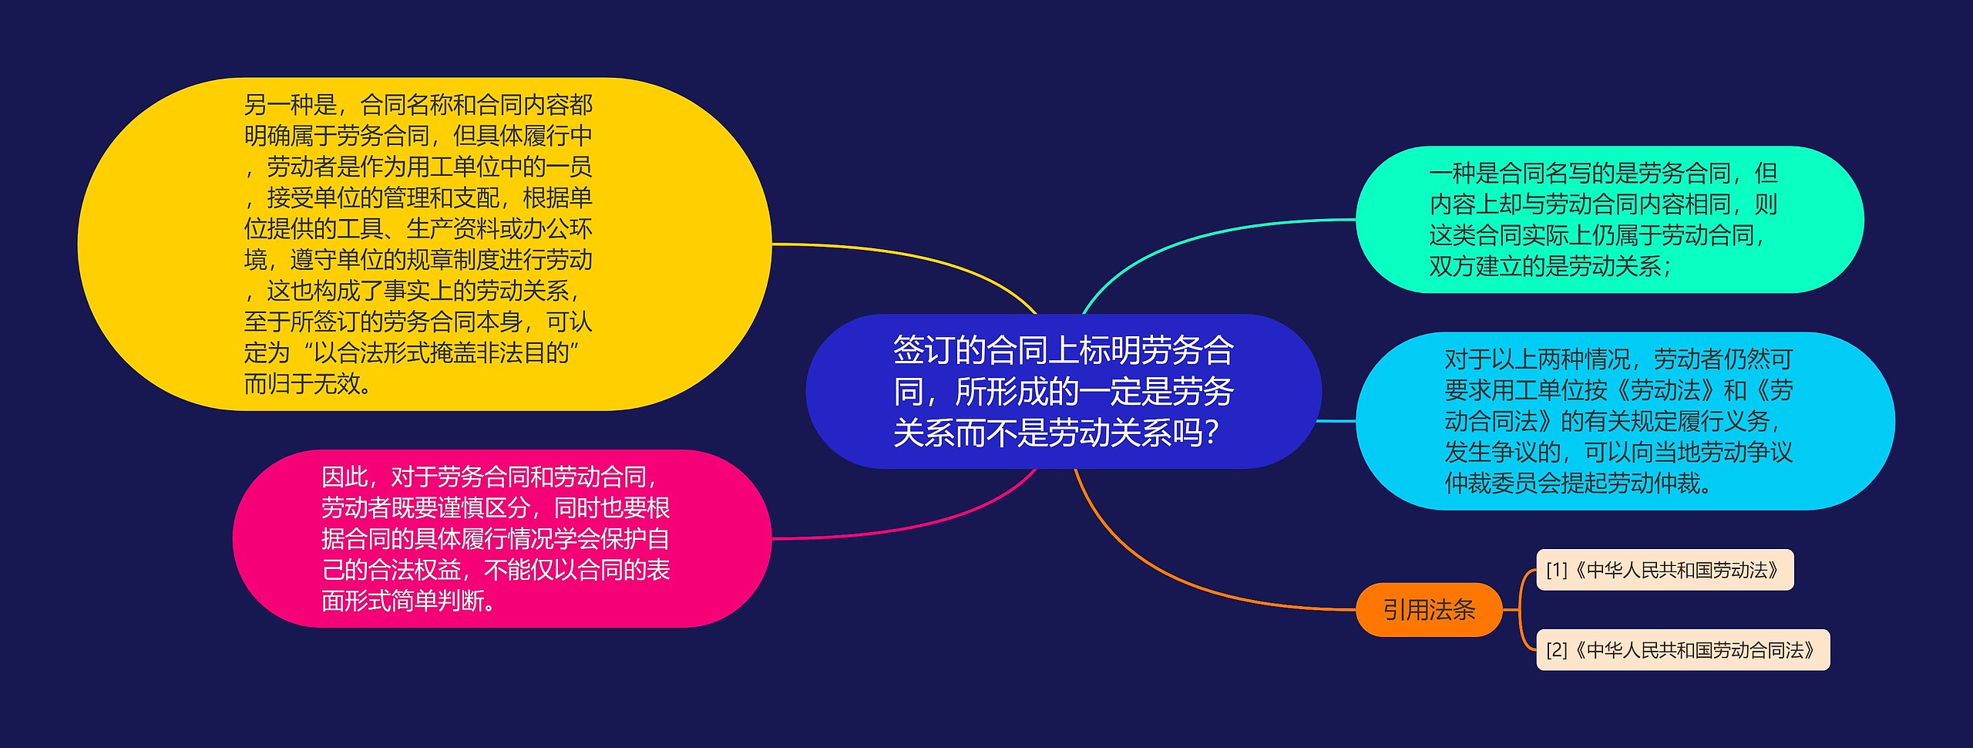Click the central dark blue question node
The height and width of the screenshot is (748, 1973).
[x=1064, y=391]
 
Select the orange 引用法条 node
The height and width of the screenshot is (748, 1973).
[x=1428, y=610]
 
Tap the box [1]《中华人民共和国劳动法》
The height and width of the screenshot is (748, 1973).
[x=1665, y=570]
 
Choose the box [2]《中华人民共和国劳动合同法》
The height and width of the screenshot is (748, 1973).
[x=1682, y=650]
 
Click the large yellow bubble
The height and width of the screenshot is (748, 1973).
[x=424, y=244]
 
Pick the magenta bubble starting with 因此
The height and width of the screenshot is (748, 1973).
[x=501, y=538]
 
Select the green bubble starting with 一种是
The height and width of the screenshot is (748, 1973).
[x=1608, y=220]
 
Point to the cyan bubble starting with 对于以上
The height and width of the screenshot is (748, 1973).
[x=1624, y=421]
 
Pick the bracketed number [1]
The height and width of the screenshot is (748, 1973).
[x=1557, y=570]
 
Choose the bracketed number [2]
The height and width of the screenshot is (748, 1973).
[x=1557, y=650]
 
